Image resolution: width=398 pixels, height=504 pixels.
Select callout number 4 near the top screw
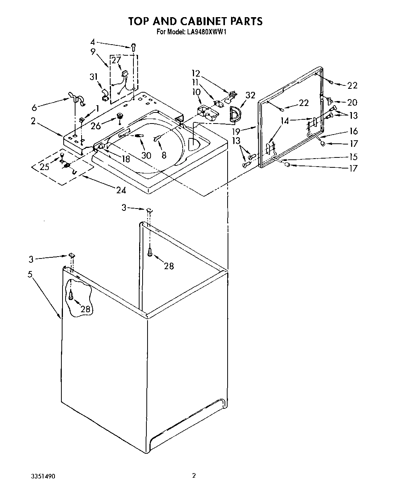click(x=93, y=42)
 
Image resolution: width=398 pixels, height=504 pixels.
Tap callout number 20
click(x=352, y=102)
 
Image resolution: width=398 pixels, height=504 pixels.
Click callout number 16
click(x=353, y=131)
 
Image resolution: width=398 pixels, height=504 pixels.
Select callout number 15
click(x=353, y=157)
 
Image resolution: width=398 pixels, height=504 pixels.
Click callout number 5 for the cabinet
click(x=30, y=274)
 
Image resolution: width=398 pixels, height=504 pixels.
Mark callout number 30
click(x=146, y=155)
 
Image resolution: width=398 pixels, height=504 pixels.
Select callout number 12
click(x=196, y=73)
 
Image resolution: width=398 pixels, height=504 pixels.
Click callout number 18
click(x=125, y=159)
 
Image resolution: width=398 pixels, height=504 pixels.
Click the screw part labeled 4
click(x=133, y=47)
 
